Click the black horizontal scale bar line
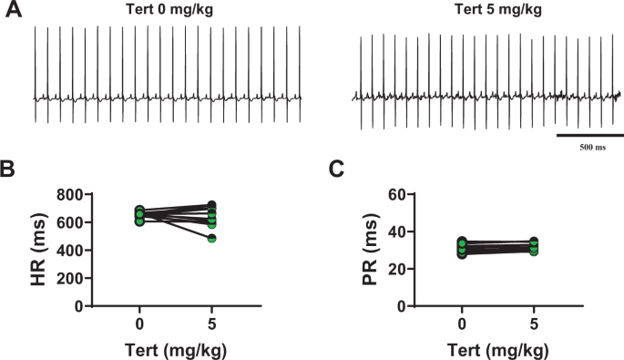click(589, 135)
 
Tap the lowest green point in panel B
click(211, 238)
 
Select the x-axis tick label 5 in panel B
click(212, 324)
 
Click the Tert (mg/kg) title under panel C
click(498, 348)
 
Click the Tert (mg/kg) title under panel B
click(176, 348)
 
